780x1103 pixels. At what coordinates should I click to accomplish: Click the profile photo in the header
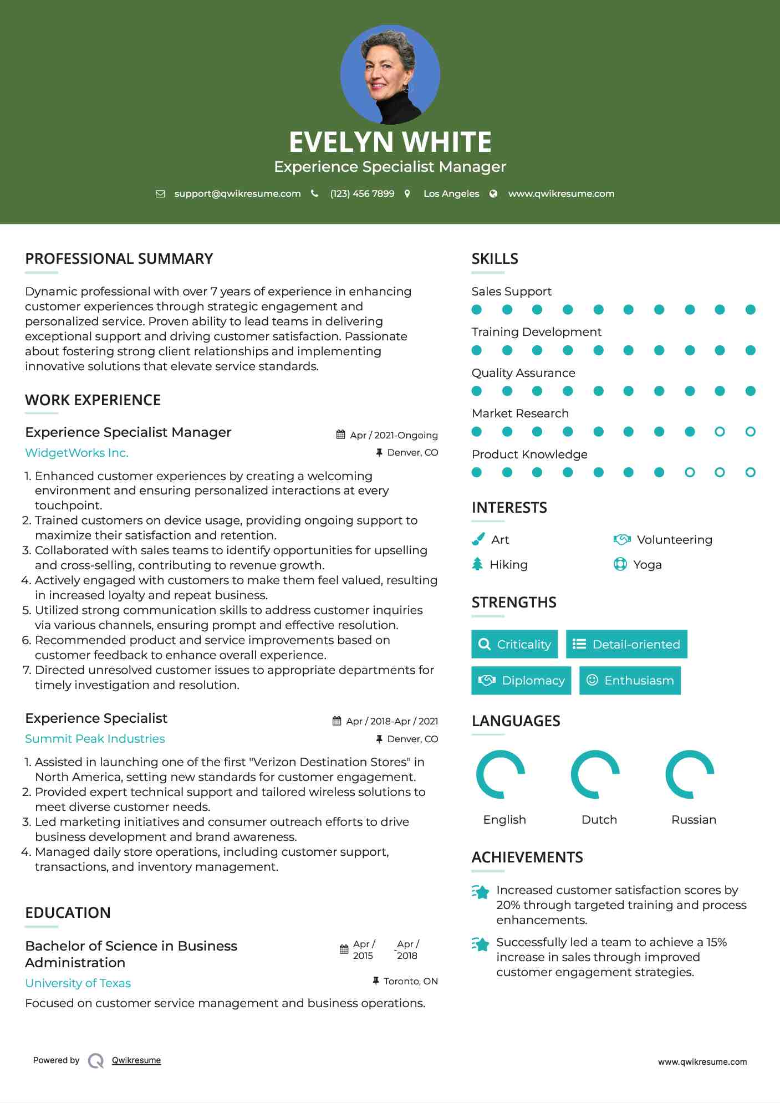coord(390,74)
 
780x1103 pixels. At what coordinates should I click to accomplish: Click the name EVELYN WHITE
coord(390,142)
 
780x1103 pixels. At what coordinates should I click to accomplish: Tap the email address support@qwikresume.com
coord(237,193)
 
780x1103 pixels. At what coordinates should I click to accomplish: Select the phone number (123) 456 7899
coord(362,193)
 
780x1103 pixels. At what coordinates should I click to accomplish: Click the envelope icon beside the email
coord(160,193)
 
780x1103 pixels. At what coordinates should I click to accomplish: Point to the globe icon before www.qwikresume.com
coord(493,193)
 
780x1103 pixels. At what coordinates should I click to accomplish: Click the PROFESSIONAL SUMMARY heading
coord(119,259)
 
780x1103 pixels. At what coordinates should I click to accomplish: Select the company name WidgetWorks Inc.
coord(77,453)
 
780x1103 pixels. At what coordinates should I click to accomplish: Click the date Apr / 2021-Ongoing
coord(394,435)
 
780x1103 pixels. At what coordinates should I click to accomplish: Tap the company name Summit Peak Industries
coord(95,739)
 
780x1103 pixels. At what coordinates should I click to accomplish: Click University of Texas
coord(78,983)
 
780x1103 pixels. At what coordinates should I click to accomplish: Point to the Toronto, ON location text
coord(410,981)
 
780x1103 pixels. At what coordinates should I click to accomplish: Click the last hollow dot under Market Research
coord(750,431)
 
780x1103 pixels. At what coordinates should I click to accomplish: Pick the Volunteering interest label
coord(674,540)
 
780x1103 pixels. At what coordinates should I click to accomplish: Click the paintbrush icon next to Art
coord(478,539)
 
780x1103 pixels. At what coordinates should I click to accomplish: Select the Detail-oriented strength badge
coord(626,644)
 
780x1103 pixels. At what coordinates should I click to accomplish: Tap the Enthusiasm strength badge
coord(630,680)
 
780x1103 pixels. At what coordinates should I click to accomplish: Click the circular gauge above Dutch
coord(595,774)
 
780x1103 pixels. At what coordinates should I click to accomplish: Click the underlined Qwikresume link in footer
coord(136,1060)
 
